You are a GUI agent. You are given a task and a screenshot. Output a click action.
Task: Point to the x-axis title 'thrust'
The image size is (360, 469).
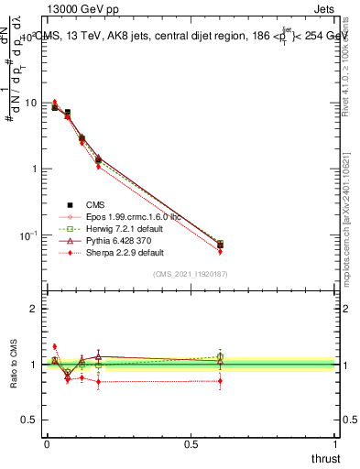coord(325,457)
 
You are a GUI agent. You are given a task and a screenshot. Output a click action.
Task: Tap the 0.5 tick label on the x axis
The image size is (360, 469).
coord(191,443)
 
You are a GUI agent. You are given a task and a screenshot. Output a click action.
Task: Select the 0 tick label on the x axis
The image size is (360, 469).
coord(47,443)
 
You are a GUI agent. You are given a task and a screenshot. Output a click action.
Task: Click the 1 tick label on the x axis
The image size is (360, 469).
coord(335,443)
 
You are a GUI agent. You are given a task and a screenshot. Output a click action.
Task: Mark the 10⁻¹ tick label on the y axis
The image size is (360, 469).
coord(27,234)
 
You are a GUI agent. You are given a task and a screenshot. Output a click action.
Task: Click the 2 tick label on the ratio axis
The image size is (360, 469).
coord(34,309)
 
